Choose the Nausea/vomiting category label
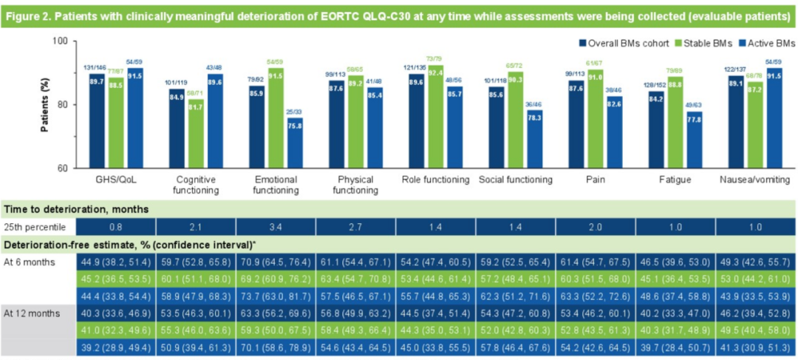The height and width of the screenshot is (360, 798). coord(754,180)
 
